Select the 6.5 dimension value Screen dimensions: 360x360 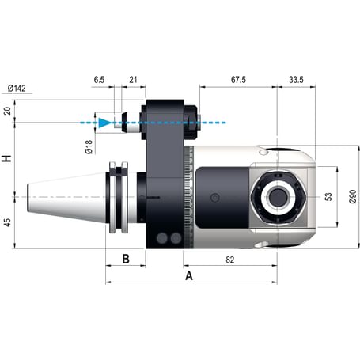point(98,80)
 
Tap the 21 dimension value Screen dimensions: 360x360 point(132,80)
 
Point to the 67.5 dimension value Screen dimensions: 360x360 point(237,80)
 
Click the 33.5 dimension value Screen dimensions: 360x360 point(297,80)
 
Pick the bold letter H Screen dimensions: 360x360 point(8,158)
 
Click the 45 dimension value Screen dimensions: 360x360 point(8,222)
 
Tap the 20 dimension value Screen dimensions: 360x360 point(8,111)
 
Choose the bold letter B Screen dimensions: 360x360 point(125,259)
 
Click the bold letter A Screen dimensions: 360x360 point(189,276)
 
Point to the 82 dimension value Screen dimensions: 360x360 point(229,259)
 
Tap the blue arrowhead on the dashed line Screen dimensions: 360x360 point(104,123)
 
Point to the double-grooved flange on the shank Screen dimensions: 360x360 point(119,197)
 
